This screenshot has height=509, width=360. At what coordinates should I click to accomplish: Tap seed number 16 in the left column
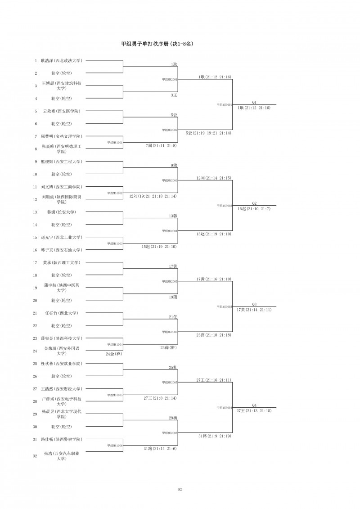point(36,250)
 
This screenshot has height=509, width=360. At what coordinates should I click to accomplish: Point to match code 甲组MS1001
point(115,142)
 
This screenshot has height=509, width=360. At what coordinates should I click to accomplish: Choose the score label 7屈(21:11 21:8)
point(161,146)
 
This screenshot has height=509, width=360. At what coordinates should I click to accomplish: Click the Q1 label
point(254,102)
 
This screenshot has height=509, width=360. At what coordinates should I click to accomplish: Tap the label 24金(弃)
point(113,354)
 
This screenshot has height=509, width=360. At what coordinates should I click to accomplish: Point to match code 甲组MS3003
point(224,306)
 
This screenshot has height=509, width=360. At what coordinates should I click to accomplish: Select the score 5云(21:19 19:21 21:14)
point(209,133)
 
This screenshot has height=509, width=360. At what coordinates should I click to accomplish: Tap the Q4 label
point(254,405)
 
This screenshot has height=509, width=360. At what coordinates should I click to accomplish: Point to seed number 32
point(36,456)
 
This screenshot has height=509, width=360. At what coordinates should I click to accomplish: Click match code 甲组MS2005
point(170,281)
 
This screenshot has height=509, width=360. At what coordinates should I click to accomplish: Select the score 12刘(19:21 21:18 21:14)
point(153,196)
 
